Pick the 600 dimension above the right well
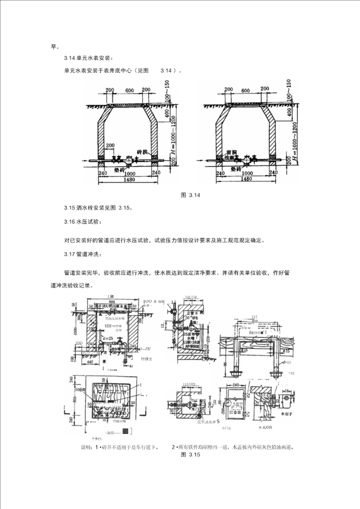pos(245,90)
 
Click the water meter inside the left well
pos(129,159)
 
